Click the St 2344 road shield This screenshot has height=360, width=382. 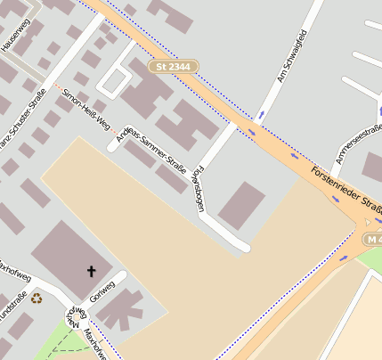point(174,67)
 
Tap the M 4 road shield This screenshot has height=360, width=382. point(372,238)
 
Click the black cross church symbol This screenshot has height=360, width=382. point(91,270)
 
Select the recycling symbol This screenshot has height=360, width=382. point(36,299)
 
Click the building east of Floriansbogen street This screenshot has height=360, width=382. point(241,204)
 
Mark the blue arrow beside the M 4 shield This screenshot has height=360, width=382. point(343,258)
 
